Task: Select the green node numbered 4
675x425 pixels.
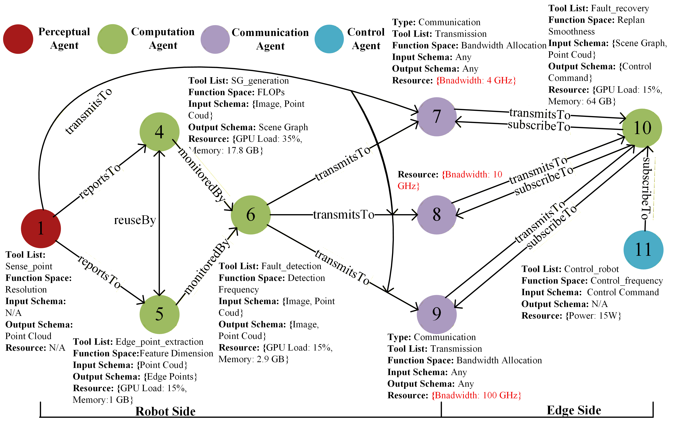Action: (x=160, y=132)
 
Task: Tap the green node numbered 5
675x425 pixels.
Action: (x=160, y=314)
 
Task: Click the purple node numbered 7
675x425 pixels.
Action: (x=436, y=117)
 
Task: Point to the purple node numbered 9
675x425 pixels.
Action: (x=436, y=314)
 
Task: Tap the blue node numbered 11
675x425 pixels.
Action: (x=643, y=250)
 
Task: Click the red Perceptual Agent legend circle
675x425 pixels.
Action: (x=18, y=39)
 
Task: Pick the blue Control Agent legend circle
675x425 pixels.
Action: (x=329, y=39)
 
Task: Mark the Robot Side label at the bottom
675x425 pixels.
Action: (x=165, y=411)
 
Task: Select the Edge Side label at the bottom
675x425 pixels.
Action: (x=574, y=410)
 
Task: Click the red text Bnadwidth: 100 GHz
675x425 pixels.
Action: (x=476, y=395)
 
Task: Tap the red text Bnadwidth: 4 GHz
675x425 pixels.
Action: (x=476, y=80)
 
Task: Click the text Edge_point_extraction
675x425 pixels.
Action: (x=160, y=342)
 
